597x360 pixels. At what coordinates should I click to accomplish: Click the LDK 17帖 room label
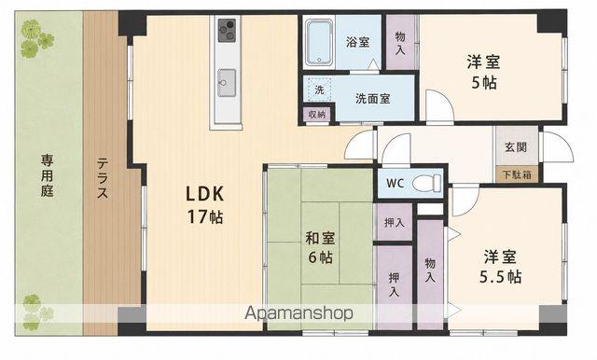tap(204, 205)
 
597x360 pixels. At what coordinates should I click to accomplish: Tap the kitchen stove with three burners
tap(227, 30)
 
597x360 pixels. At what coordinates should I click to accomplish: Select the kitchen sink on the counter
tap(227, 83)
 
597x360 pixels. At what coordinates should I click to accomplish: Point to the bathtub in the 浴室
tap(320, 42)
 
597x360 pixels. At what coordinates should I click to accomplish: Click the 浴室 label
tap(357, 42)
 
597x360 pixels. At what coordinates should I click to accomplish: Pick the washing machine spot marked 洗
tap(319, 90)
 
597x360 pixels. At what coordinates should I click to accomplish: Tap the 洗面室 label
tap(373, 99)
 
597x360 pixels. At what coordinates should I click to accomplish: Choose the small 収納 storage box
tap(317, 114)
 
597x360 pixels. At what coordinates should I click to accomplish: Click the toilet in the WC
tap(426, 183)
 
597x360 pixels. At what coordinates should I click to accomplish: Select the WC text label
tap(395, 184)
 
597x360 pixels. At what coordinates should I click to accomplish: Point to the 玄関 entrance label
tap(516, 147)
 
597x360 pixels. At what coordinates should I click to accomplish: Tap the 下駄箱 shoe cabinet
tap(517, 174)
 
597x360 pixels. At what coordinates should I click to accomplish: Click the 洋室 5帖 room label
tap(483, 73)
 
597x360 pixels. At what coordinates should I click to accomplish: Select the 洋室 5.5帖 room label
tap(500, 267)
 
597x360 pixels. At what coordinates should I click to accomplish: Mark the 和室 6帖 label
tap(320, 248)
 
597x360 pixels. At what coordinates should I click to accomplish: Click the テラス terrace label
tap(103, 178)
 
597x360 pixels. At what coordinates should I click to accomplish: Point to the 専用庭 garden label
tap(48, 175)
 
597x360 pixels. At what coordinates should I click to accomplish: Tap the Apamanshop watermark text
tap(298, 313)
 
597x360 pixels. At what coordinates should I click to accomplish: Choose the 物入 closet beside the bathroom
tap(400, 42)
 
